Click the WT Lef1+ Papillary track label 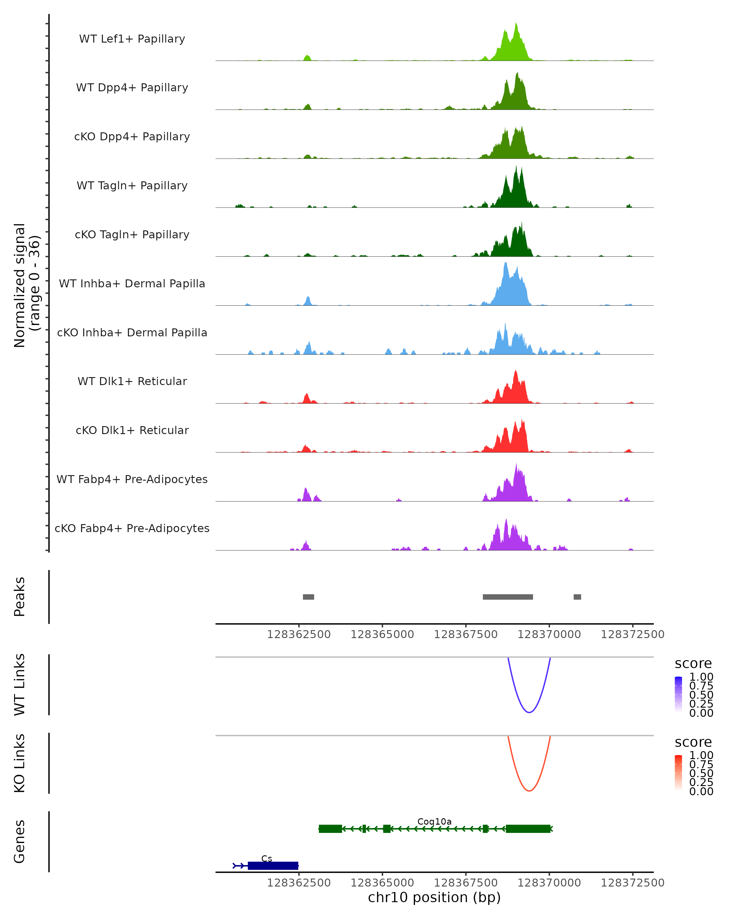pyautogui.click(x=132, y=39)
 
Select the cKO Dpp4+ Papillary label pyautogui.click(x=132, y=136)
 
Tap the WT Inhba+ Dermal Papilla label pyautogui.click(x=132, y=283)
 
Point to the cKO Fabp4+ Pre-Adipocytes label pyautogui.click(x=132, y=528)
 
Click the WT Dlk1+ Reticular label pyautogui.click(x=132, y=381)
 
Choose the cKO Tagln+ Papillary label pyautogui.click(x=132, y=234)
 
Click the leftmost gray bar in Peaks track pyautogui.click(x=308, y=597)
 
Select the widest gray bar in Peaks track pyautogui.click(x=507, y=597)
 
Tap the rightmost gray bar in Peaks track pyautogui.click(x=577, y=597)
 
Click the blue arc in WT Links pyautogui.click(x=529, y=712)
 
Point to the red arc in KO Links pyautogui.click(x=529, y=791)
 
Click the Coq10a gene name pyautogui.click(x=434, y=821)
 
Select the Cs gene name pyautogui.click(x=267, y=858)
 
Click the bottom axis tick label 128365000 pyautogui.click(x=382, y=883)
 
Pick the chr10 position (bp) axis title pyautogui.click(x=434, y=897)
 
